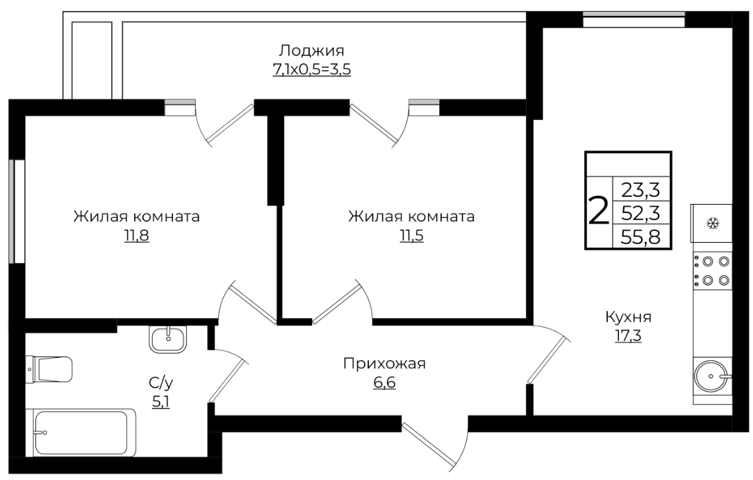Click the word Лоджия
(x=312, y=51)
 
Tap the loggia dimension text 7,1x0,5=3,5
(x=312, y=69)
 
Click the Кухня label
(x=628, y=317)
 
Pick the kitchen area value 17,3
(x=628, y=336)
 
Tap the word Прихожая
(x=384, y=364)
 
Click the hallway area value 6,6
(x=384, y=383)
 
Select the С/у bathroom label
(x=160, y=383)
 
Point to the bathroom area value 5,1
(x=160, y=402)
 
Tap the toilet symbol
(x=49, y=369)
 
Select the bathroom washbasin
(x=169, y=339)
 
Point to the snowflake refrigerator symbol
(x=711, y=223)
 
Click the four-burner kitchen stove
(x=712, y=271)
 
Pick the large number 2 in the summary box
(x=598, y=212)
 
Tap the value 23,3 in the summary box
(x=640, y=190)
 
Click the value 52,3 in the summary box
(x=640, y=213)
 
